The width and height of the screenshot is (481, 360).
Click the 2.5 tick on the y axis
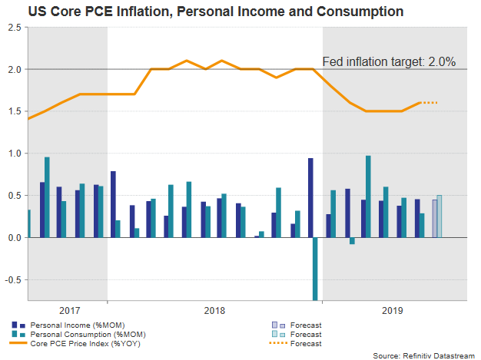15,27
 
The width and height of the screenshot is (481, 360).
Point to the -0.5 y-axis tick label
13,280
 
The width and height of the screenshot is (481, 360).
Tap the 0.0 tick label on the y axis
15,238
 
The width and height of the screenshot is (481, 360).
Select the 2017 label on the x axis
69,310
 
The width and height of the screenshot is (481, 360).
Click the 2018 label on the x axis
214,310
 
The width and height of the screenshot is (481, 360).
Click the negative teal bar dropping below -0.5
315,269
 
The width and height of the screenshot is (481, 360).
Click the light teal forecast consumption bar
439,216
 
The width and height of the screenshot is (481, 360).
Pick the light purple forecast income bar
433,219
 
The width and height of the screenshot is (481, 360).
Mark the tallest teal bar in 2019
368,197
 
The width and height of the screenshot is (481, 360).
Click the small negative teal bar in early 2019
351,241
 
